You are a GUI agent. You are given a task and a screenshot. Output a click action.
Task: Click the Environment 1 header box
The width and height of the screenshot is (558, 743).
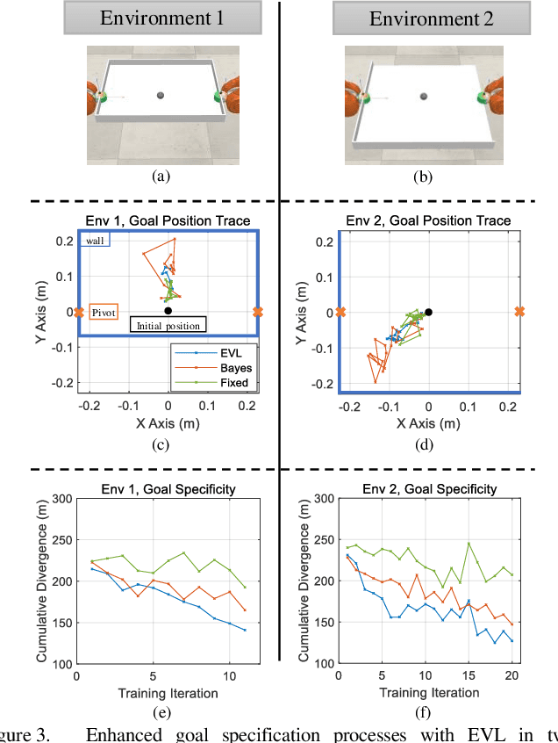click(160, 18)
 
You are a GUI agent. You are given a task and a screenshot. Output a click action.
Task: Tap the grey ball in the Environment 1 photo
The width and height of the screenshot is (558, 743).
click(160, 95)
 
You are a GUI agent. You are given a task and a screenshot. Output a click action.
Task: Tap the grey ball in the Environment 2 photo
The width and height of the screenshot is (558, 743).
click(423, 95)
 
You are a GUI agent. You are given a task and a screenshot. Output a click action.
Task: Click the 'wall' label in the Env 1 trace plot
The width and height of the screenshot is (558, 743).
click(95, 240)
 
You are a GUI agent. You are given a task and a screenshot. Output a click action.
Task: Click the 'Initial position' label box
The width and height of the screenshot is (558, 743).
click(168, 325)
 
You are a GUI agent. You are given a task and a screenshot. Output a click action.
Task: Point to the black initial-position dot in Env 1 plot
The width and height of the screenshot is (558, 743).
click(168, 310)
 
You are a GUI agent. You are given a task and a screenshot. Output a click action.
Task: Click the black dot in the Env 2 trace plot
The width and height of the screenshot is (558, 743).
click(429, 312)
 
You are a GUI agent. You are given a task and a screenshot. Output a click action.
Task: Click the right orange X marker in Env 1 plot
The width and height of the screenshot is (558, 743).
click(257, 312)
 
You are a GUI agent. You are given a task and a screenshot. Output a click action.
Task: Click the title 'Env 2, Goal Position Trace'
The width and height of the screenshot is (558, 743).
click(426, 220)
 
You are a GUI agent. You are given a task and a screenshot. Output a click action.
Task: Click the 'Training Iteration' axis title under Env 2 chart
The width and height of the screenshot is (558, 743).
click(429, 693)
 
